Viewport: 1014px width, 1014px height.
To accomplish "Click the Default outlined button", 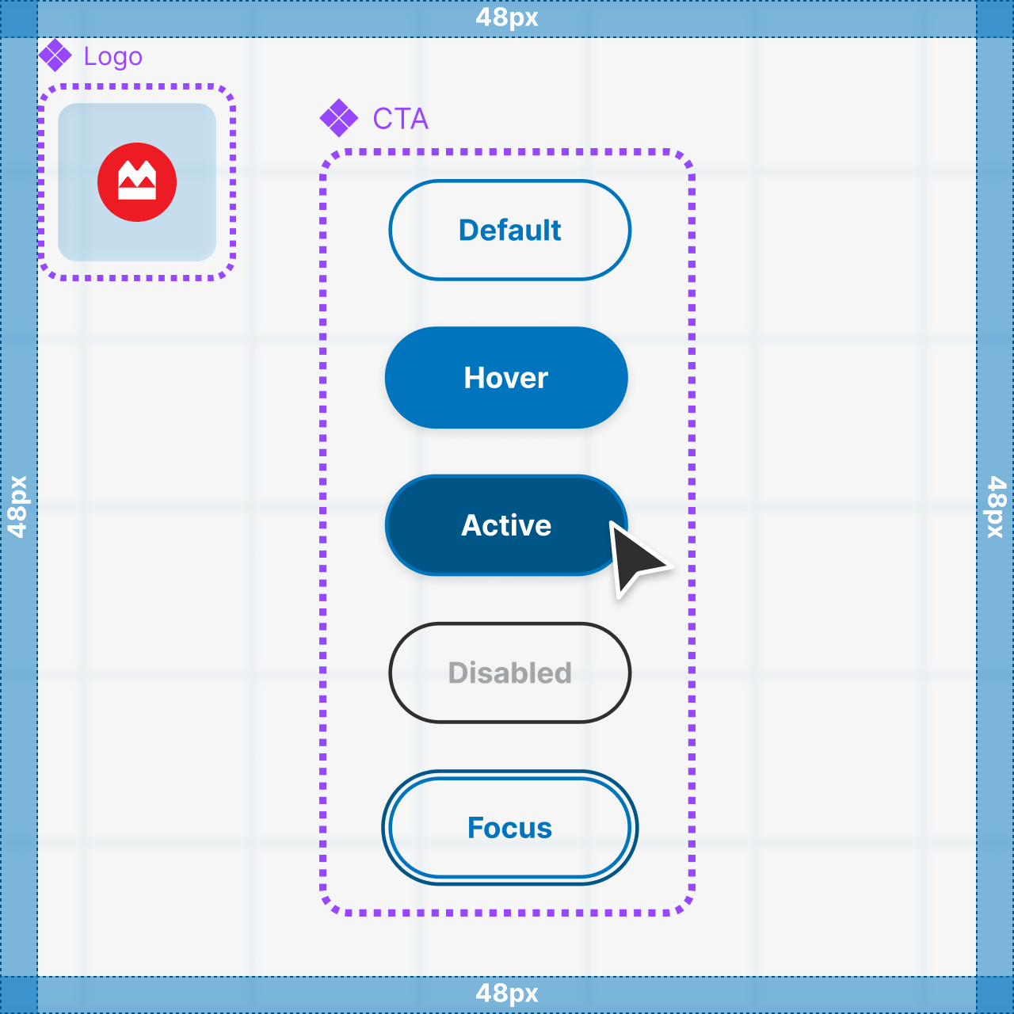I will click(509, 231).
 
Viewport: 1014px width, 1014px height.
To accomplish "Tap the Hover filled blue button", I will click(506, 378).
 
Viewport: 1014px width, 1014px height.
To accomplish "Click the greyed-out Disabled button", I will click(509, 673).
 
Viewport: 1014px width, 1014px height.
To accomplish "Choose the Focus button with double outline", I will click(509, 828).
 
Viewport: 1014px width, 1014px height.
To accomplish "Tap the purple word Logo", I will click(112, 57).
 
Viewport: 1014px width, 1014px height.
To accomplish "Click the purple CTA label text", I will click(400, 119).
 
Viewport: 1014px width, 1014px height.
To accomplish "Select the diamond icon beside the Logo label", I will click(55, 55).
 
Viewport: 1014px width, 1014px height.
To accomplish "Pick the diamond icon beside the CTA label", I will click(339, 118).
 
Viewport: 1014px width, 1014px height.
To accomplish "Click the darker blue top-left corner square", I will click(18, 18).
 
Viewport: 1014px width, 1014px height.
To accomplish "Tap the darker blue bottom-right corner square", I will click(995, 995).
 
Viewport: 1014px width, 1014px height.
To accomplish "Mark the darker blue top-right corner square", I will click(995, 18).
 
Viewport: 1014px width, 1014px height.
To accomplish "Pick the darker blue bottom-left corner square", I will click(18, 995).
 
